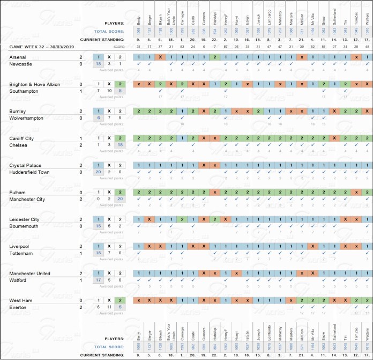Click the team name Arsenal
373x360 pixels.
pyautogui.click(x=18, y=57)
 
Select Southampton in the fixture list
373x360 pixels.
pyautogui.click(x=25, y=91)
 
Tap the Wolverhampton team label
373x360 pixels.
pyautogui.click(x=27, y=118)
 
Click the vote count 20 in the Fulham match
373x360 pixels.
pyautogui.click(x=120, y=199)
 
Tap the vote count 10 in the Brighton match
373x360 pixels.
pyautogui.click(x=109, y=91)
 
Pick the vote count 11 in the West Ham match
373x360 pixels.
pyautogui.click(x=109, y=307)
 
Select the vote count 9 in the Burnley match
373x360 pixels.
pyautogui.click(x=120, y=118)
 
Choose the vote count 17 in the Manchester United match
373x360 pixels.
pyautogui.click(x=98, y=280)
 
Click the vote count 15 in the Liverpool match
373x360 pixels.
pyautogui.click(x=98, y=253)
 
